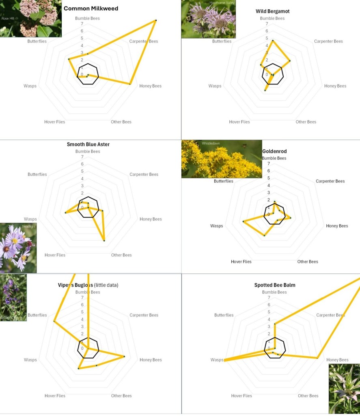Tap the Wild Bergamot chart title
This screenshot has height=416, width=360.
click(272, 11)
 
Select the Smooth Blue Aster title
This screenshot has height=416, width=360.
click(88, 144)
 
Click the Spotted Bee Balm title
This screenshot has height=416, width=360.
click(275, 285)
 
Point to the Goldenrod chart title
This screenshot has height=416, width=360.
click(274, 152)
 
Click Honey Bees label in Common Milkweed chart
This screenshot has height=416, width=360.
click(150, 86)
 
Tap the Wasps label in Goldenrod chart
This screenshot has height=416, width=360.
click(216, 226)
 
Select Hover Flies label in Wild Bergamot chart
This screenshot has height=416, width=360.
click(239, 122)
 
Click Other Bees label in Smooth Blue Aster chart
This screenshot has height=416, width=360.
click(121, 255)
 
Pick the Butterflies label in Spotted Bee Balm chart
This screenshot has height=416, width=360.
click(224, 315)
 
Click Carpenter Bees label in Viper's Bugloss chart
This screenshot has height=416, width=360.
click(144, 315)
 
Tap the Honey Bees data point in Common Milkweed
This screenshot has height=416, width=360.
click(130, 84)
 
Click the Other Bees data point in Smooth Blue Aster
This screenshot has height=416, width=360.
click(104, 241)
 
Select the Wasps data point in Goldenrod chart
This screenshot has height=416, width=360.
click(243, 221)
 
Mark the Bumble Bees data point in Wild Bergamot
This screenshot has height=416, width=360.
click(273, 40)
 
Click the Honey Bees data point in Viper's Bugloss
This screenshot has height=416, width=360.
click(124, 357)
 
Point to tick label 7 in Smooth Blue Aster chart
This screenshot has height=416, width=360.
click(82, 157)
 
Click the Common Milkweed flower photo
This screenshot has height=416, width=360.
click(31, 18)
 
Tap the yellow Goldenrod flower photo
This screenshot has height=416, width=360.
click(222, 159)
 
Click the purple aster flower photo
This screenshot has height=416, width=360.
click(18, 248)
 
